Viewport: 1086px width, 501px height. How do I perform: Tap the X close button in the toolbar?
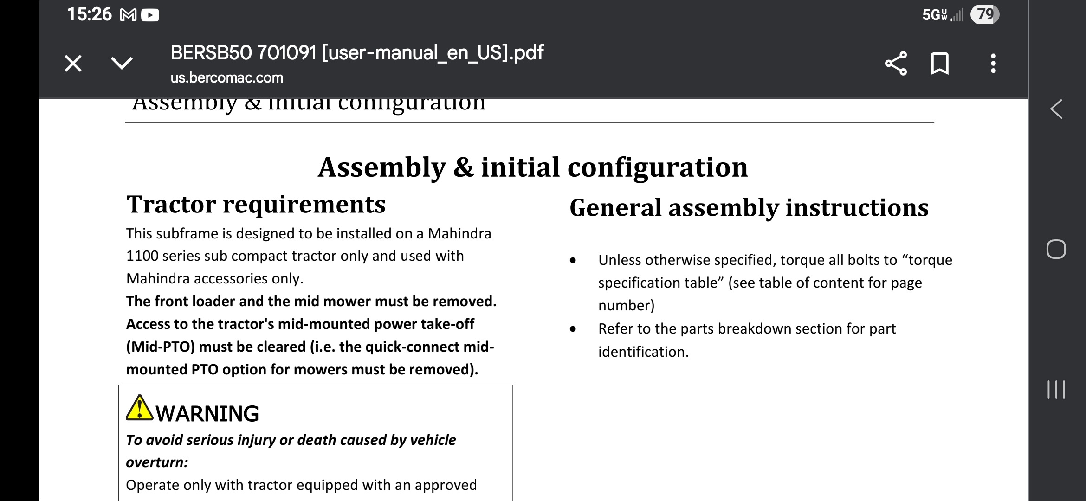pyautogui.click(x=73, y=64)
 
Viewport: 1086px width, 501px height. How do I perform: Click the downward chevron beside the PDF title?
pyautogui.click(x=122, y=63)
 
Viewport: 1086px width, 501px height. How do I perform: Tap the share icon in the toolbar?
pyautogui.click(x=896, y=64)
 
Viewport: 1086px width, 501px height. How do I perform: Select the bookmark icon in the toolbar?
pyautogui.click(x=940, y=64)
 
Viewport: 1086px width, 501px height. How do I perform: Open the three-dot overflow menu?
pyautogui.click(x=993, y=64)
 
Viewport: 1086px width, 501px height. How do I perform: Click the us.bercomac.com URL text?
pyautogui.click(x=227, y=77)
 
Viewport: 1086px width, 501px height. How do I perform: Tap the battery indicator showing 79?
pyautogui.click(x=985, y=15)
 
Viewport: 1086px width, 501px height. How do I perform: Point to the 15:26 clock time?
pyautogui.click(x=89, y=14)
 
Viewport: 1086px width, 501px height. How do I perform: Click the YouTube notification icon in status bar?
pyautogui.click(x=150, y=16)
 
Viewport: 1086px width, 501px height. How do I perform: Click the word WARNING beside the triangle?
pyautogui.click(x=207, y=414)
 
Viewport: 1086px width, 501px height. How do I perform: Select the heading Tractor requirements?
pyautogui.click(x=256, y=204)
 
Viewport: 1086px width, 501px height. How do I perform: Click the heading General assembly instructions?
pyautogui.click(x=749, y=207)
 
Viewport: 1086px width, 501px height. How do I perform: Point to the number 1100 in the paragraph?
pyautogui.click(x=142, y=256)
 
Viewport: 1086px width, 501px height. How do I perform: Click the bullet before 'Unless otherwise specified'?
pyautogui.click(x=573, y=261)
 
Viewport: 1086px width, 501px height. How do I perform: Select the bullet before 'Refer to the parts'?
pyautogui.click(x=573, y=329)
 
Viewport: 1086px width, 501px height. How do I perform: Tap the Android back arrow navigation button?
pyautogui.click(x=1056, y=109)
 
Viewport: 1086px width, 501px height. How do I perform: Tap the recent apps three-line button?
pyautogui.click(x=1056, y=390)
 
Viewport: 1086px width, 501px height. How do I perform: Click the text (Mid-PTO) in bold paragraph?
pyautogui.click(x=160, y=347)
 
